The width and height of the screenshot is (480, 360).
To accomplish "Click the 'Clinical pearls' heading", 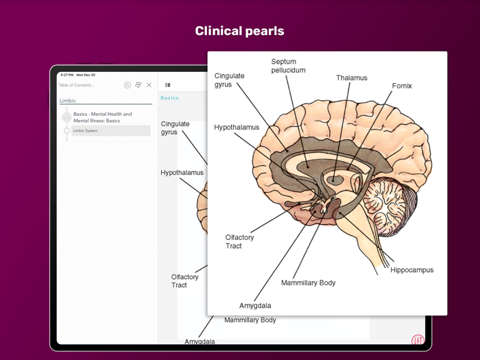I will (239, 31).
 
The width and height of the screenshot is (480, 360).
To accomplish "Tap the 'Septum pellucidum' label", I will (288, 66).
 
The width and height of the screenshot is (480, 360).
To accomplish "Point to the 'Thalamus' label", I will (351, 78).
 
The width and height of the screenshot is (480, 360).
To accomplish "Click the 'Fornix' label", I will (402, 86).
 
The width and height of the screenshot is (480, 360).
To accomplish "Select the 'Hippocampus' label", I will (411, 270).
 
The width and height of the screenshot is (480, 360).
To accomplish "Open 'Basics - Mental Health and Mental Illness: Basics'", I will (103, 117).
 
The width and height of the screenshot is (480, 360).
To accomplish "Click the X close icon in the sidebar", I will (149, 85).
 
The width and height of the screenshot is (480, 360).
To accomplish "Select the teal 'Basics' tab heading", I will (169, 98).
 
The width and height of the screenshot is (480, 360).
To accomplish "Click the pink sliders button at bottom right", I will (418, 340).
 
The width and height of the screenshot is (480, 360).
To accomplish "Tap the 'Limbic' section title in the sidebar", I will (68, 101).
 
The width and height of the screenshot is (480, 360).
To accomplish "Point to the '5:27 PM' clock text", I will (67, 74).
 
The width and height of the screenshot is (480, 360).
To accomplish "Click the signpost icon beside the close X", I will (138, 85).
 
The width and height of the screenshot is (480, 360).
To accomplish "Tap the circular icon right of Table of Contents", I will (127, 85).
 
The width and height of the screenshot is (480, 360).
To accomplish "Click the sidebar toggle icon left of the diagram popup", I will (167, 85).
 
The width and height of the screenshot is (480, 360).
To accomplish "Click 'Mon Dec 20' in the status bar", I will (86, 74).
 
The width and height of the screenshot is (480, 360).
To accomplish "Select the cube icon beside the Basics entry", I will (67, 117).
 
